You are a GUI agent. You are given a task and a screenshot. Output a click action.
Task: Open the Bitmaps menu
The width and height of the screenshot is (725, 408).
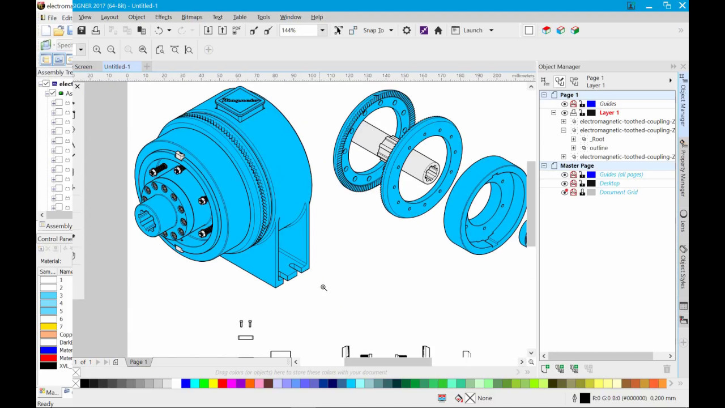(x=192, y=17)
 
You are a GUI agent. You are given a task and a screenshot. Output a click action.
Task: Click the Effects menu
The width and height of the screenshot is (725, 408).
(x=163, y=17)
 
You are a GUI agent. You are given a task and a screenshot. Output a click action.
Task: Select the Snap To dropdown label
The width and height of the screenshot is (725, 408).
(x=373, y=31)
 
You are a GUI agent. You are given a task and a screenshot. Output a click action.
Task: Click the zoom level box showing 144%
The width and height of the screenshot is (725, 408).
(x=298, y=31)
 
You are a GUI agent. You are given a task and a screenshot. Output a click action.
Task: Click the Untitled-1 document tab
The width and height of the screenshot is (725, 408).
(x=117, y=66)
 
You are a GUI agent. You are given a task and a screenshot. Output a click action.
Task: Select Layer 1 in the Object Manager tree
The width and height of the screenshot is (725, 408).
(x=609, y=113)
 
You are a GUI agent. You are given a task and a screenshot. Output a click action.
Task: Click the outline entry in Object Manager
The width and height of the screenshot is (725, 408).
(x=599, y=148)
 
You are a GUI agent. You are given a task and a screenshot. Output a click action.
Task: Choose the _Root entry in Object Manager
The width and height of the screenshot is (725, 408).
(x=597, y=139)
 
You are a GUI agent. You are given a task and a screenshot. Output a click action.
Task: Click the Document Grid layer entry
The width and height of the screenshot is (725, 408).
(x=619, y=192)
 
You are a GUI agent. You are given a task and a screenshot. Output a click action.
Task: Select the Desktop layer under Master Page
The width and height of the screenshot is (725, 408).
(x=609, y=184)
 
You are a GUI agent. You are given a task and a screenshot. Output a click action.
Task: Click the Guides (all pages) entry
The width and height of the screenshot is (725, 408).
(x=621, y=175)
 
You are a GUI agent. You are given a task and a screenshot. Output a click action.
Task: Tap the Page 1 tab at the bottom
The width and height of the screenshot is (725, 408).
(x=138, y=362)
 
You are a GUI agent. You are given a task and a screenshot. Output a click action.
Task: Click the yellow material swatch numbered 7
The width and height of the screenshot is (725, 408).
(x=49, y=327)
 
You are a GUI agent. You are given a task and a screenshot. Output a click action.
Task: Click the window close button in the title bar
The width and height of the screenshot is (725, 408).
(x=683, y=6)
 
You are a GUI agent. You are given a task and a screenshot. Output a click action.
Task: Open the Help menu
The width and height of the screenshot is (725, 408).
(x=317, y=17)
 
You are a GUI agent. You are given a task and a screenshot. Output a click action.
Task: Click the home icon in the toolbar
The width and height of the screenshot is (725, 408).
(x=438, y=31)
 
